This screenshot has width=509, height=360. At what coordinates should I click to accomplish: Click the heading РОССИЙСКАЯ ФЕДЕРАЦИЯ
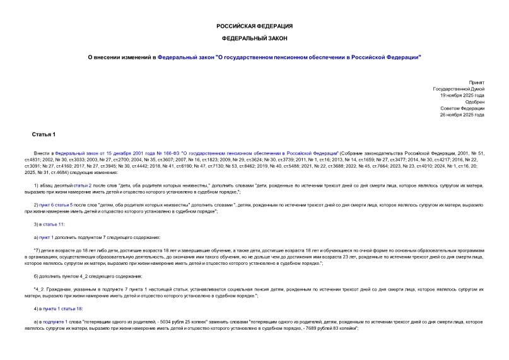254,26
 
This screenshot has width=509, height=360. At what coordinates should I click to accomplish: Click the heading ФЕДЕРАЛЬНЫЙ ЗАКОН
254,39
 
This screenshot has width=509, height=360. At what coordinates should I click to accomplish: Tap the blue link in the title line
289,57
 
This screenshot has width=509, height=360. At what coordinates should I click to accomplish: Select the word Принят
477,83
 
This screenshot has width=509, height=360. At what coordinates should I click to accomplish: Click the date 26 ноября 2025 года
462,115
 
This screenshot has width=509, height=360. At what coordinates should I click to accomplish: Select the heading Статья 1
44,135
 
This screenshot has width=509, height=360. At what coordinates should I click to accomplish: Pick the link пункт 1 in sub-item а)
45,237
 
